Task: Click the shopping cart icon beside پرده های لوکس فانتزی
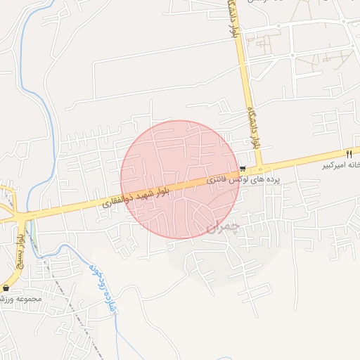(x=243, y=169)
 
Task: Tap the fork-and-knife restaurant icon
(x=348, y=153)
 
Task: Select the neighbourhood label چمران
(x=224, y=226)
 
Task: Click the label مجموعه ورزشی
(x=22, y=299)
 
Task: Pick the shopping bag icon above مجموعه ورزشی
(x=6, y=288)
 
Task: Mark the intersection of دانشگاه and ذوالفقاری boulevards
(x=259, y=169)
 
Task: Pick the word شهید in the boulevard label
(x=149, y=194)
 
